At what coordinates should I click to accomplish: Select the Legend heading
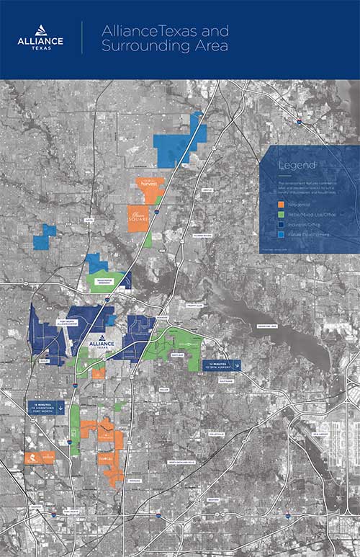[297, 166]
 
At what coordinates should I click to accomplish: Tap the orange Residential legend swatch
[282, 205]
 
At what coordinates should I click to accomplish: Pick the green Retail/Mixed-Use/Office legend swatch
[282, 215]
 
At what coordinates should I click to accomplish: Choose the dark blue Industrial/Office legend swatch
[282, 224]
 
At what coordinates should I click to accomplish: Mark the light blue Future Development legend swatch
[282, 234]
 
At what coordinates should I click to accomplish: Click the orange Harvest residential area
[150, 185]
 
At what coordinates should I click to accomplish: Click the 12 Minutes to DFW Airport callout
[220, 365]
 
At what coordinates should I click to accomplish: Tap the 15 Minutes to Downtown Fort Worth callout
[45, 407]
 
